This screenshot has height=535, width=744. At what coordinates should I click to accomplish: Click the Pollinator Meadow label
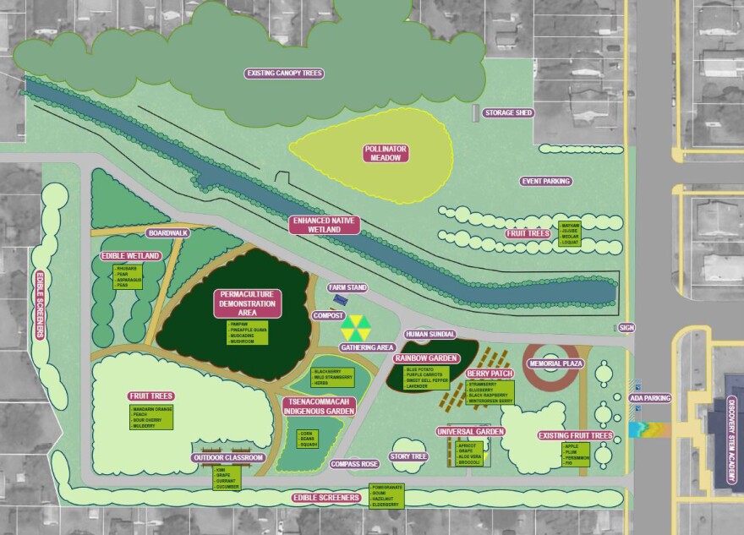[x=386, y=153]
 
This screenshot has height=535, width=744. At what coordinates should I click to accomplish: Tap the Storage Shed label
[x=508, y=112]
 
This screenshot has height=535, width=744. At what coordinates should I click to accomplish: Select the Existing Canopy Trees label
[x=284, y=74]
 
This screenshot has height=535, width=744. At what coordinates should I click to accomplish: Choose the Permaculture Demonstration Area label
[x=247, y=303]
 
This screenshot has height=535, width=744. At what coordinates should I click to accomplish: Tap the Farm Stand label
[x=348, y=288]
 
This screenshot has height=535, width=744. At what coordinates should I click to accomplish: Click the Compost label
[x=327, y=315]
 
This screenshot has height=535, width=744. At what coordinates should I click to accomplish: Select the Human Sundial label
[x=429, y=334]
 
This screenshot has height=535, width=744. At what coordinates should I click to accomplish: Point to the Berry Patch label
[x=490, y=373]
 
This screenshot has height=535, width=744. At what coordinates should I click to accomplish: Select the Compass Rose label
[x=353, y=463]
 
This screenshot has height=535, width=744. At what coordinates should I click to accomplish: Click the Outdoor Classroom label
[x=228, y=457]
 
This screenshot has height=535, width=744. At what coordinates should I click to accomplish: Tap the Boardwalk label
[x=167, y=232]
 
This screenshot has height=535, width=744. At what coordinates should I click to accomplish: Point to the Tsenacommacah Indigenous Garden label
[x=318, y=405]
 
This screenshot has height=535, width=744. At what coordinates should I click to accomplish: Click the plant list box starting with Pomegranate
[x=388, y=496]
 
